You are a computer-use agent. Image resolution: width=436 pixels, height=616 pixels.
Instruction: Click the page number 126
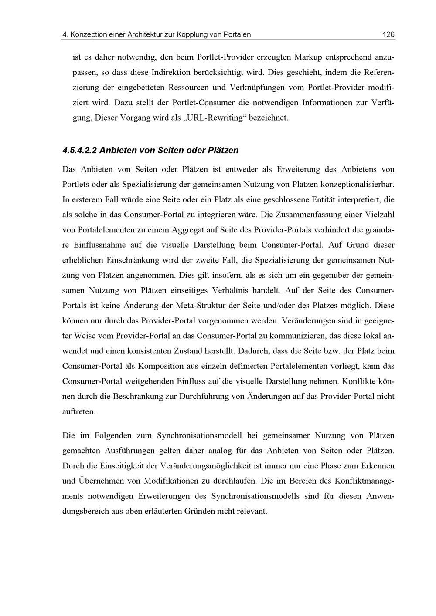(x=388, y=34)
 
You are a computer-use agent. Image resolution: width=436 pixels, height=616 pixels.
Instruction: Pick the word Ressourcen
(x=187, y=88)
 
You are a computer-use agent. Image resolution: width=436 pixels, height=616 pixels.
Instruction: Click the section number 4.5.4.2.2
(x=79, y=151)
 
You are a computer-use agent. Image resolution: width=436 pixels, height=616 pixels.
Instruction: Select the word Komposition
(x=166, y=366)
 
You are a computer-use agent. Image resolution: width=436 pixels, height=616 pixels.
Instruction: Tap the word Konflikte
(x=360, y=381)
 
